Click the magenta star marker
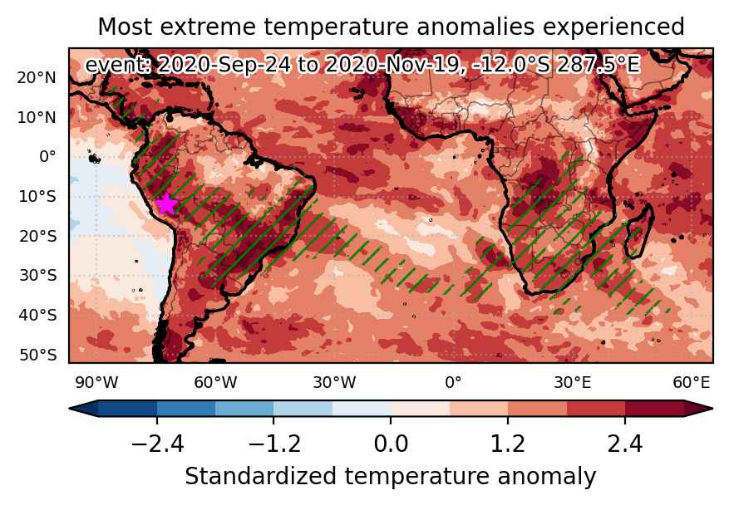tap(166, 204)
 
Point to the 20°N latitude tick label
tap(37, 77)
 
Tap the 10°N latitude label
tap(37, 118)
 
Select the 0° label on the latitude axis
tap(47, 156)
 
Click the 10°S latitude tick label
tap(37, 197)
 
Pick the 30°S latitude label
tap(37, 276)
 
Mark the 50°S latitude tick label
tap(37, 355)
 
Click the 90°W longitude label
tap(96, 383)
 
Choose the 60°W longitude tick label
tap(215, 383)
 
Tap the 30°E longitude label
tap(573, 383)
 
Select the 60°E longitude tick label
tap(692, 383)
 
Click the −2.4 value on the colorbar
tap(157, 444)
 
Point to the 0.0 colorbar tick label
tap(391, 444)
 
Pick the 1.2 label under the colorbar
tap(508, 444)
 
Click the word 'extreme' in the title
tap(208, 27)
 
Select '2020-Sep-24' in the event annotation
tap(224, 65)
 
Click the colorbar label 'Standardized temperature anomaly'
tap(391, 477)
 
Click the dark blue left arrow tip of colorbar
tap(70, 409)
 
